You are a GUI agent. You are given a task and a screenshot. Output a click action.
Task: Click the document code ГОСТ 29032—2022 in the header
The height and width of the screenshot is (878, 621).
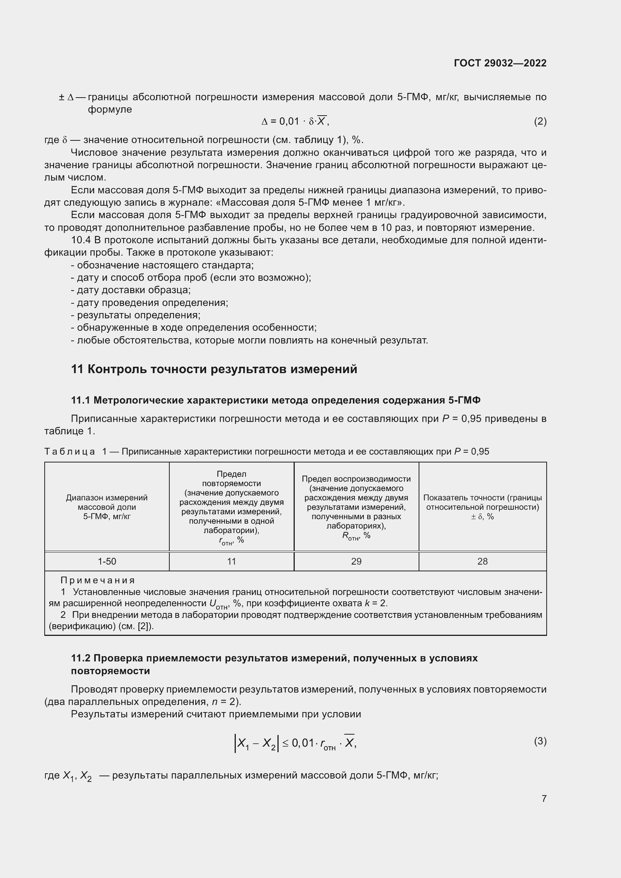coord(500,63)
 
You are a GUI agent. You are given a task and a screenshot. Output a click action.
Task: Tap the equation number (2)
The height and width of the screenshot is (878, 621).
coord(540,122)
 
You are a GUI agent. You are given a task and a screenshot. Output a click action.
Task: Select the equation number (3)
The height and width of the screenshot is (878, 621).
coord(540,741)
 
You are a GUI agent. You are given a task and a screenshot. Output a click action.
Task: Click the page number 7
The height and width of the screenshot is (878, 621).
coord(544,798)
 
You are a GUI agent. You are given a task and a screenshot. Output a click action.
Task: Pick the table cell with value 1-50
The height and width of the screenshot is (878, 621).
coord(107,561)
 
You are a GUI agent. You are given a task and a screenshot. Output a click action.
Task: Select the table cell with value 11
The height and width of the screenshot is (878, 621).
coord(231,561)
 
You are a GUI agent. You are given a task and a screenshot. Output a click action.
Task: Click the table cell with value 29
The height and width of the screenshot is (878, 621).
coord(356,561)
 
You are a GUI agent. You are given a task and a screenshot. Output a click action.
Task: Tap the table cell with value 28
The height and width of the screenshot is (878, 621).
coord(482,561)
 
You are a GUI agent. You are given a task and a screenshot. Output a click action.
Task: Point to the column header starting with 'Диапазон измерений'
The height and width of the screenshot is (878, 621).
coord(107,507)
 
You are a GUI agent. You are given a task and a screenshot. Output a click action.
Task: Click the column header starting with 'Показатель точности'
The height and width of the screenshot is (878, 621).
coord(482,507)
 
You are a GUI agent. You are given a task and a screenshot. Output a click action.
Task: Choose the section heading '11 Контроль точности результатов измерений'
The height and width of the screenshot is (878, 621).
coord(214,369)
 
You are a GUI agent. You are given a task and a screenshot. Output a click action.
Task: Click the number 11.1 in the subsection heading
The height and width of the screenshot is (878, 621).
coord(80,401)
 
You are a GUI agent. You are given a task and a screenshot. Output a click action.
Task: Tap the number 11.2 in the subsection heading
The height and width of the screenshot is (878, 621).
coord(80,658)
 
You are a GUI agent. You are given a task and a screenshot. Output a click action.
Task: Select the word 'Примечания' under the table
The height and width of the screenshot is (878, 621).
coord(98,580)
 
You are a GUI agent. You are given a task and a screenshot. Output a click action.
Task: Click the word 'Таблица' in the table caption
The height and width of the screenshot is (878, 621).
coord(69,452)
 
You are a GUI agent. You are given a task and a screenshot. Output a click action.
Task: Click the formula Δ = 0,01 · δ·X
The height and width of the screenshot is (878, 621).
coord(294,122)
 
